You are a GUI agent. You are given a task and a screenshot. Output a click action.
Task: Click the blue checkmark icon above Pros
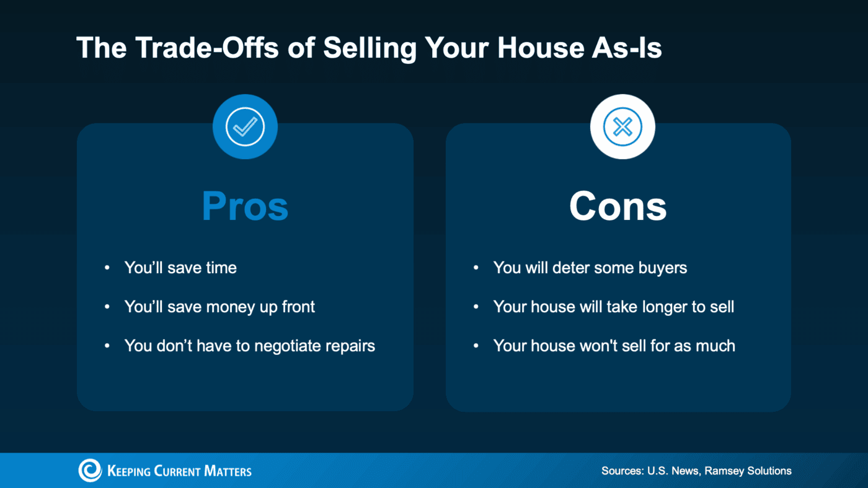pos(245,126)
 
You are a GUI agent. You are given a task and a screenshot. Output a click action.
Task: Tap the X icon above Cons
pos(622,126)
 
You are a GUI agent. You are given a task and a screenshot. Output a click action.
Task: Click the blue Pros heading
pos(245,206)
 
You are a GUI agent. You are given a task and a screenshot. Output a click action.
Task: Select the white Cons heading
pos(618,206)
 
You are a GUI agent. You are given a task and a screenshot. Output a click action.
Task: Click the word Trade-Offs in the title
pos(206,48)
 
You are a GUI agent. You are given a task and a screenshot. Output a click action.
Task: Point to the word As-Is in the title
pos(627,48)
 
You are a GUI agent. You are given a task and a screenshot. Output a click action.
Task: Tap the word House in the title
pos(541,48)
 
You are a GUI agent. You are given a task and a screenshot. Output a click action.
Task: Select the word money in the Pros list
pos(231,307)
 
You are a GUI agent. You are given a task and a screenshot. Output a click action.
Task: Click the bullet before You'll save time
pos(107,268)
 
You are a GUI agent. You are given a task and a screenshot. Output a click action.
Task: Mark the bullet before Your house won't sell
pos(476,346)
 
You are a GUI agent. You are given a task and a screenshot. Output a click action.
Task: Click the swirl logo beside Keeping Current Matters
pos(90,471)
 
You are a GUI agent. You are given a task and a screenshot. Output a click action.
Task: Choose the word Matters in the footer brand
pos(228,471)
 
